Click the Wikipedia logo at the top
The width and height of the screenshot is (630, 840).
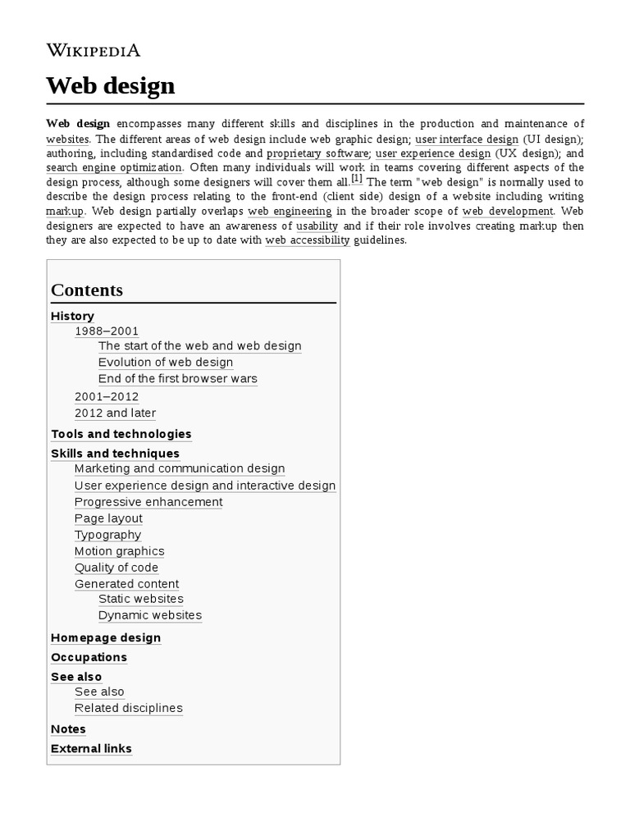point(94,50)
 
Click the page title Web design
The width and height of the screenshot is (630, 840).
point(111,85)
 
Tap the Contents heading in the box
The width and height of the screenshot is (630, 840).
point(87,290)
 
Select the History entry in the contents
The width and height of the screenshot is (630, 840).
point(72,316)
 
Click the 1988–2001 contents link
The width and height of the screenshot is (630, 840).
point(107,331)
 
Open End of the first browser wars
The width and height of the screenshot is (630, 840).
point(178,379)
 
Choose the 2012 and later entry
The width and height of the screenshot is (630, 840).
point(115,413)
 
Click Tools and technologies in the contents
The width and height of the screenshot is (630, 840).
point(121,434)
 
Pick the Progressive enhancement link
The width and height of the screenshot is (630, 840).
point(148,502)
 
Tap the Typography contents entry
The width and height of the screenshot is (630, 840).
point(107,535)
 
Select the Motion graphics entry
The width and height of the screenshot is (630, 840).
point(119,551)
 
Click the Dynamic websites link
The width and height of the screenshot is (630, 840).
point(150,615)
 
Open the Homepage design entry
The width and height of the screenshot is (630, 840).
point(106,638)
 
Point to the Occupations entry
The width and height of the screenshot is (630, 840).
point(89,658)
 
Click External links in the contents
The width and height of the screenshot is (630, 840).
point(91,749)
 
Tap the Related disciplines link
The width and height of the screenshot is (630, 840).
point(129,708)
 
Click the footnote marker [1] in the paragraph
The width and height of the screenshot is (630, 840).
point(357,179)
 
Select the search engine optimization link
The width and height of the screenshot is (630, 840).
point(114,167)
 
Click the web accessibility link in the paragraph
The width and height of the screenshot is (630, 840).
point(308,240)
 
